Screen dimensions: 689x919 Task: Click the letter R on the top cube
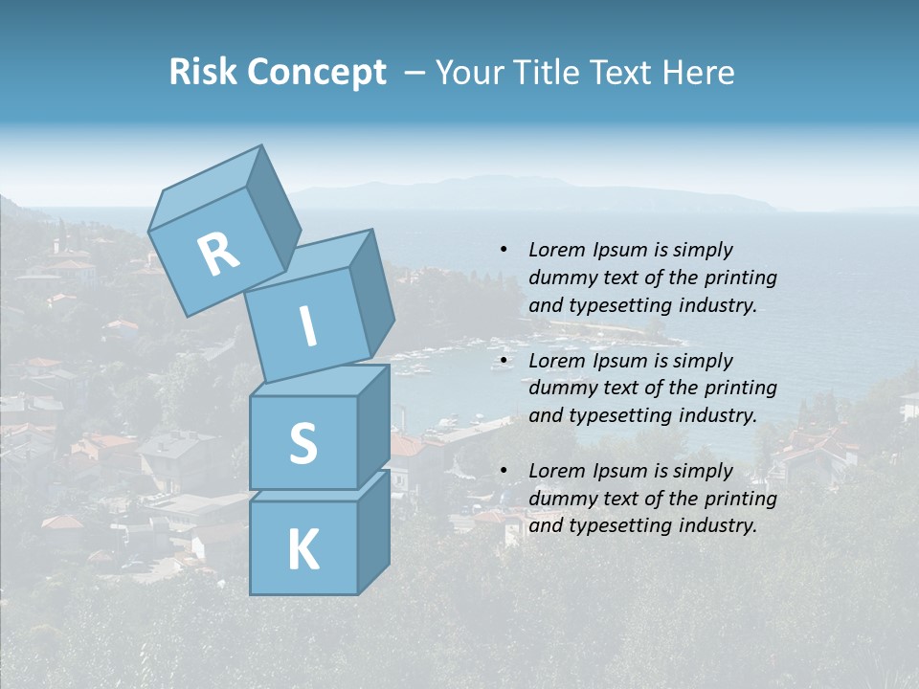click(218, 255)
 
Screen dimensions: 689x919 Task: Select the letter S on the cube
click(303, 443)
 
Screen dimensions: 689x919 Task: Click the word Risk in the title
click(205, 72)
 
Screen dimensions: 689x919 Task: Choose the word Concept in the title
click(318, 72)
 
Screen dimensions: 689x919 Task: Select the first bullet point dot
click(504, 250)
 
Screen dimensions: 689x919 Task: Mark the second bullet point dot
click(504, 361)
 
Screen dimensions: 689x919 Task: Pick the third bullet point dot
click(504, 471)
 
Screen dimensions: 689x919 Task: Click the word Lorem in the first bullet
click(556, 250)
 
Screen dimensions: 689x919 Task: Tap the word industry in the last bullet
click(717, 525)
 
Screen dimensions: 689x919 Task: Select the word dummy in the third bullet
click(559, 499)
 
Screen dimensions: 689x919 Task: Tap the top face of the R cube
click(206, 187)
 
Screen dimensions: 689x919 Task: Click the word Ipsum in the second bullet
click(618, 361)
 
